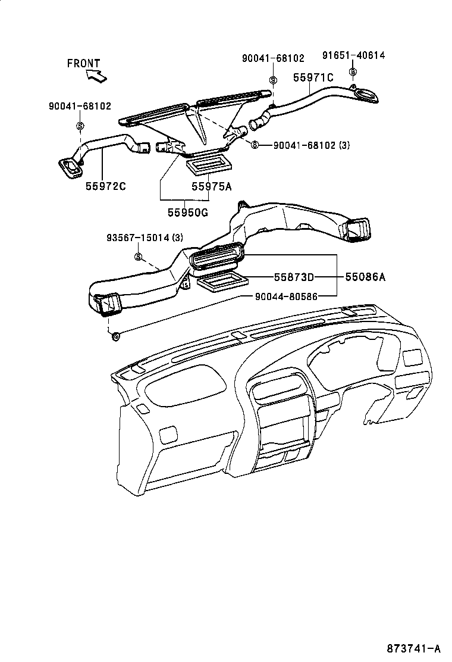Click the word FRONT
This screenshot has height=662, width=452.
(83, 63)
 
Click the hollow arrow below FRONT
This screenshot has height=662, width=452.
(96, 76)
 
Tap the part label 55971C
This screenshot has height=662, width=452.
(313, 77)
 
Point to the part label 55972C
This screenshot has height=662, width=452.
(106, 186)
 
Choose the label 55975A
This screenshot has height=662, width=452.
(211, 186)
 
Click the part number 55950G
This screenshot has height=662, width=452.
(187, 212)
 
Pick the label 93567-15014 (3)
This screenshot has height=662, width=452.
(145, 238)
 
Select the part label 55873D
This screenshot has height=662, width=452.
(294, 277)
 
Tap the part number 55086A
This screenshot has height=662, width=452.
(366, 277)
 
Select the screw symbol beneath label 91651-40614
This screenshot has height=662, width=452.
(353, 73)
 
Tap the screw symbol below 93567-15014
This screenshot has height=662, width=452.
(138, 257)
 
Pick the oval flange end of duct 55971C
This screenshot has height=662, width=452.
(364, 95)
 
